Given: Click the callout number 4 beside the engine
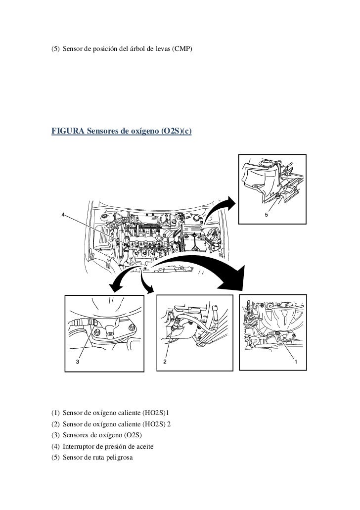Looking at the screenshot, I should pyautogui.click(x=63, y=214).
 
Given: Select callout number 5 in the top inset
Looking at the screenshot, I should pyautogui.click(x=267, y=216).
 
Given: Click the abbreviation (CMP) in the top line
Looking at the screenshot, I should pyautogui.click(x=181, y=49).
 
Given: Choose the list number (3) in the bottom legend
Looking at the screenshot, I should pyautogui.click(x=56, y=436).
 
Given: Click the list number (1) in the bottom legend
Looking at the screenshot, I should pyautogui.click(x=56, y=414).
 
